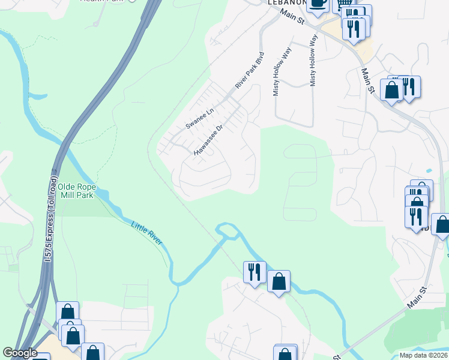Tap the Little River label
coord(146,232)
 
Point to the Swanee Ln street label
coord(200,118)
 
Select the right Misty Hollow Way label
coord(313,60)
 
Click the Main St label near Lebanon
coord(292,17)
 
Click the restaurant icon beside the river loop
coord(255,272)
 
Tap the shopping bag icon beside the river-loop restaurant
coord(279,281)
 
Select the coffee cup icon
coord(318,3)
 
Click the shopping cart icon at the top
coord(344,4)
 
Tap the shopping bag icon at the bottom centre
coord(285,354)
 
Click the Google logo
coord(19,353)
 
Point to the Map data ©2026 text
coord(423,355)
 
